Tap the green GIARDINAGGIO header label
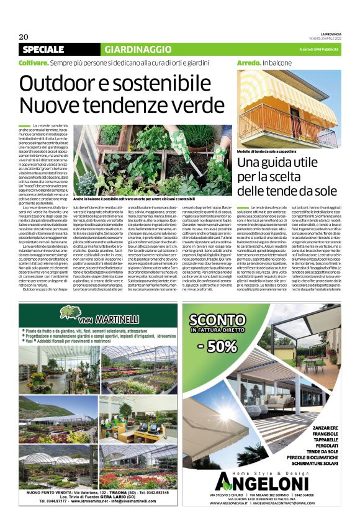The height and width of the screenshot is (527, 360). pyautogui.click(x=129, y=49)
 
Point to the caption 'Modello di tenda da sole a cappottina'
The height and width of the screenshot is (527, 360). pyautogui.click(x=271, y=151)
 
